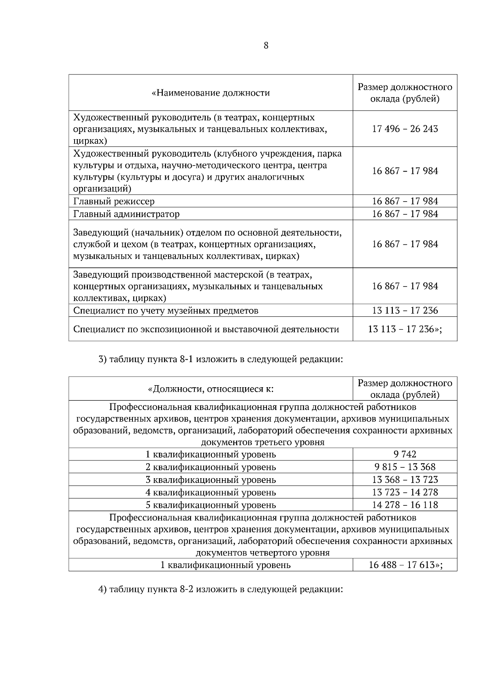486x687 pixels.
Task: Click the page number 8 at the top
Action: click(x=266, y=45)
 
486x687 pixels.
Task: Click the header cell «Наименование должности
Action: click(x=211, y=93)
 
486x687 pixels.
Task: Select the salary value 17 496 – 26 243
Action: click(x=405, y=129)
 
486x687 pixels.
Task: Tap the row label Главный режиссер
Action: click(x=114, y=201)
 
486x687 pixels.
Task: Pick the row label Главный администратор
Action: click(x=126, y=214)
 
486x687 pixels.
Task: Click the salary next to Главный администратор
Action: click(x=405, y=214)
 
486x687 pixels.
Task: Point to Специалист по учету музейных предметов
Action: click(x=166, y=310)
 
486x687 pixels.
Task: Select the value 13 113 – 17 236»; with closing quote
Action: click(x=405, y=329)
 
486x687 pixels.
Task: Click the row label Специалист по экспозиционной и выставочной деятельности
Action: click(x=206, y=329)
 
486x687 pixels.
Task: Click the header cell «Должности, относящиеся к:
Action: click(x=211, y=389)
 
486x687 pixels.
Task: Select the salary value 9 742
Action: click(x=405, y=454)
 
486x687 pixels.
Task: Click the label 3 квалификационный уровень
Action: click(x=211, y=479)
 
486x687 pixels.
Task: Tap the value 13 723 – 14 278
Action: click(x=405, y=492)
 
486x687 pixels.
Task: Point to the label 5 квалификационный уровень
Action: click(x=211, y=505)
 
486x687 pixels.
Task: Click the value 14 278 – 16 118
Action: click(x=405, y=505)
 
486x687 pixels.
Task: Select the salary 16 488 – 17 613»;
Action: click(x=405, y=565)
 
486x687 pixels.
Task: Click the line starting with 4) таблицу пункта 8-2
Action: click(x=221, y=589)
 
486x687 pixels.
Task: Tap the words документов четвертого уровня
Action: click(x=262, y=553)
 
